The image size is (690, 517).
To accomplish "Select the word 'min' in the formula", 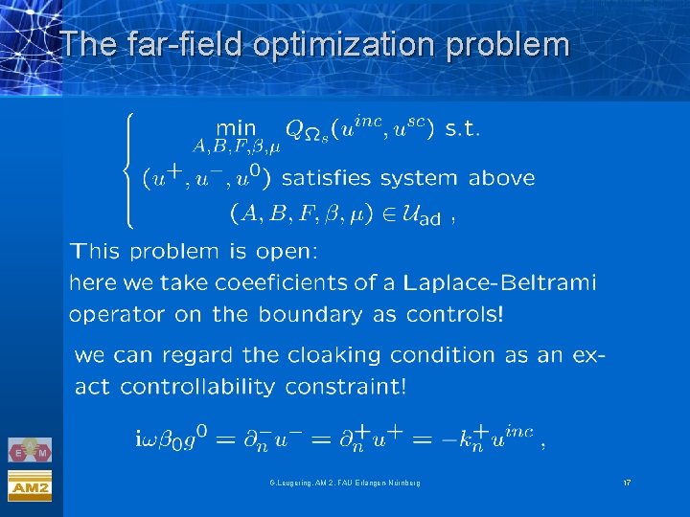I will pos(237,127).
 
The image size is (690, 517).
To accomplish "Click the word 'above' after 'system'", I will pos(501,178).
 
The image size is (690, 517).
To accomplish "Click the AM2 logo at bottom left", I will pos(30,486).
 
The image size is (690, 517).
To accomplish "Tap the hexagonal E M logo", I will pos(30,451).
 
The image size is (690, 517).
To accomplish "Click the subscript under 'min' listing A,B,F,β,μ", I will pos(235,146).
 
